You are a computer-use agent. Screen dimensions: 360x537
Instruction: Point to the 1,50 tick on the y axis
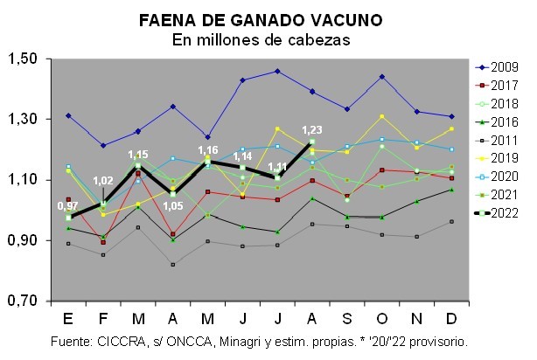(x=23, y=59)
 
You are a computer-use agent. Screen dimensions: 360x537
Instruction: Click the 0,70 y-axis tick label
(x=23, y=301)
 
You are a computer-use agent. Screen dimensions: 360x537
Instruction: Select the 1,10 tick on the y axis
(x=23, y=180)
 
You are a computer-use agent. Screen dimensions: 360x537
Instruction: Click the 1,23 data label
(x=312, y=129)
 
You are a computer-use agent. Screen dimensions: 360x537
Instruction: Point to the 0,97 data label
(x=68, y=206)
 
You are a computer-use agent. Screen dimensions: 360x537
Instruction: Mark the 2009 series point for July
(x=277, y=71)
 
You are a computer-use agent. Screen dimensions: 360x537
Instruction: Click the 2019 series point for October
(x=381, y=116)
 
